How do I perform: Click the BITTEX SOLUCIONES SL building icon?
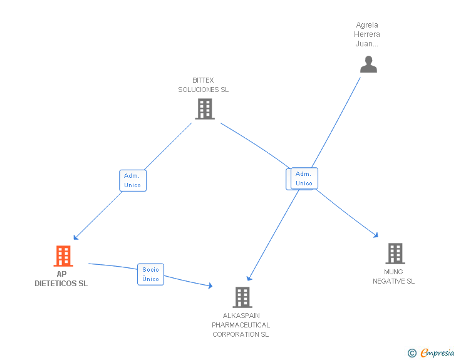[204, 109]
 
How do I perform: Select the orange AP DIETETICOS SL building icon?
[63, 256]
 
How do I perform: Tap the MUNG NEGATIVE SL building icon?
[395, 254]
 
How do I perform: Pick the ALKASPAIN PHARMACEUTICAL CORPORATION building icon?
[242, 297]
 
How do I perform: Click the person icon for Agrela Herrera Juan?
[368, 64]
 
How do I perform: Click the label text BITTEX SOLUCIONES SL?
[203, 85]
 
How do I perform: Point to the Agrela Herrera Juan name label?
[367, 34]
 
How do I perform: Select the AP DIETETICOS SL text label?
[61, 279]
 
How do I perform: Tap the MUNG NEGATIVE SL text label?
[393, 277]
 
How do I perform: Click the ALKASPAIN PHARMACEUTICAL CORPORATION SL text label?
[241, 325]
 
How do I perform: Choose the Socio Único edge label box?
[150, 274]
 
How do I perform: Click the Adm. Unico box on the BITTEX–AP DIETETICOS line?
[133, 180]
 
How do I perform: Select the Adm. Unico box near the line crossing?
[304, 178]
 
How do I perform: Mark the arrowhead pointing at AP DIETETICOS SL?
[75, 237]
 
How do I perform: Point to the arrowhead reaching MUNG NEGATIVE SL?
[376, 235]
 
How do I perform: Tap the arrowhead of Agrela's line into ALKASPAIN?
[249, 278]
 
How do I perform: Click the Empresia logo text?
[437, 353]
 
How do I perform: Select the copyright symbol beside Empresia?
[412, 354]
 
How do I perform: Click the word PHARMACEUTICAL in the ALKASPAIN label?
[241, 325]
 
